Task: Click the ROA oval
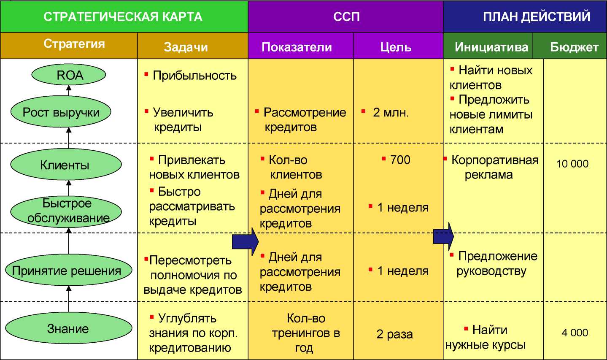pyautogui.click(x=69, y=75)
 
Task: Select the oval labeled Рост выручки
pyautogui.click(x=61, y=111)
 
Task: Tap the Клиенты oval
pyautogui.click(x=66, y=164)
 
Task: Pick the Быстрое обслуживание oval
pyautogui.click(x=66, y=211)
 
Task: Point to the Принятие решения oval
pyautogui.click(x=69, y=270)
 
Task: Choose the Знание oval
pyautogui.click(x=69, y=328)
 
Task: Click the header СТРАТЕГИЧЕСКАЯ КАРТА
pyautogui.click(x=123, y=16)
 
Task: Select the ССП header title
pyautogui.click(x=346, y=16)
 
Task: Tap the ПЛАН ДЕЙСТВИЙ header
pyautogui.click(x=537, y=16)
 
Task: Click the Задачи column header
pyautogui.click(x=186, y=47)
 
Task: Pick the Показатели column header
pyautogui.click(x=297, y=47)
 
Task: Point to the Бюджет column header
pyautogui.click(x=574, y=47)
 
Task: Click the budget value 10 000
pyautogui.click(x=572, y=164)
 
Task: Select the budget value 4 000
pyautogui.click(x=575, y=333)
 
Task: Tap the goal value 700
pyautogui.click(x=400, y=160)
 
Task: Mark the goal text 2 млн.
pyautogui.click(x=391, y=112)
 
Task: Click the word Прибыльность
pyautogui.click(x=194, y=76)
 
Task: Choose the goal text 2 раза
pyautogui.click(x=394, y=334)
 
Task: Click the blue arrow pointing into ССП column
pyautogui.click(x=245, y=242)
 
